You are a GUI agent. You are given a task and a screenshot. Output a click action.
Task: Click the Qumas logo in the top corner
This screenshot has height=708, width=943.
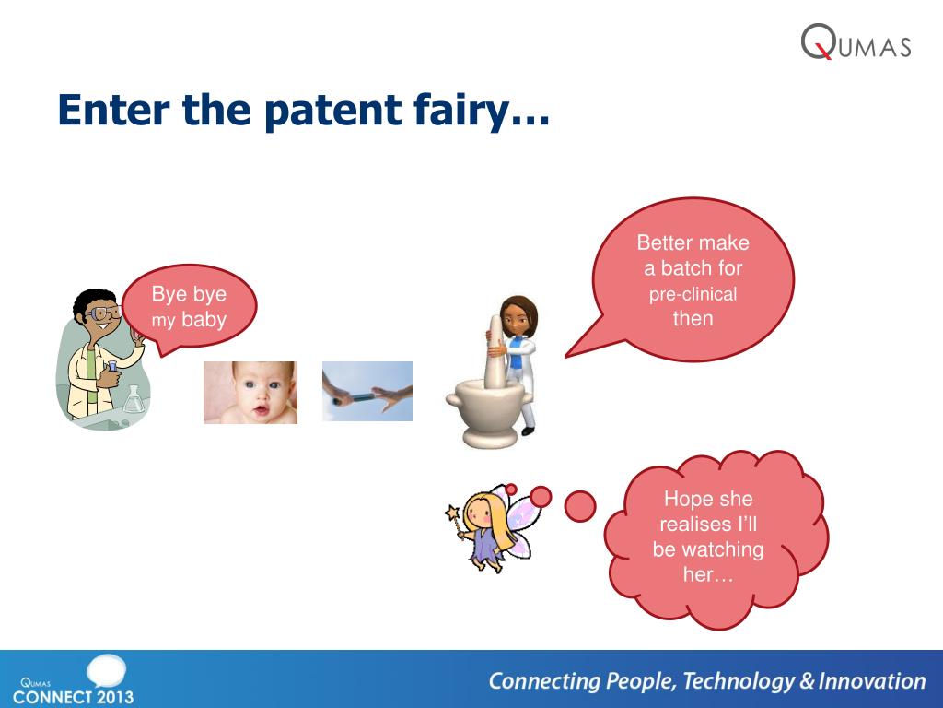click(x=856, y=41)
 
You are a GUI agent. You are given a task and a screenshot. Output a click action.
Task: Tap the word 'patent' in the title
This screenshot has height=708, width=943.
click(x=332, y=112)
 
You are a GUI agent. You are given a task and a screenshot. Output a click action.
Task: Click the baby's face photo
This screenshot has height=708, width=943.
click(x=250, y=393)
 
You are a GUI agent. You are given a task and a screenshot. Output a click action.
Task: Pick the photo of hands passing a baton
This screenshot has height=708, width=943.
click(x=367, y=391)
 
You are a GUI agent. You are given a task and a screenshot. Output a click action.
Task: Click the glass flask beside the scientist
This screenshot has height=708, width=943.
click(x=134, y=399)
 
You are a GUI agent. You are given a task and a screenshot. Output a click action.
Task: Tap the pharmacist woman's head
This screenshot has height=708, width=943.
click(x=518, y=316)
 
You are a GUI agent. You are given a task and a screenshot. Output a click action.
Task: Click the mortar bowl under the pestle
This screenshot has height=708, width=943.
click(x=487, y=413)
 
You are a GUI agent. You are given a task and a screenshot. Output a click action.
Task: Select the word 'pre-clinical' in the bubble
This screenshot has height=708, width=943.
click(x=693, y=294)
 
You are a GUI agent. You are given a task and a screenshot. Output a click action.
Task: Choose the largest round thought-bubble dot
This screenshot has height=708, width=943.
click(x=580, y=506)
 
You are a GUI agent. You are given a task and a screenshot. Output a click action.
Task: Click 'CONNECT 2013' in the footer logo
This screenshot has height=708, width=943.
click(x=73, y=697)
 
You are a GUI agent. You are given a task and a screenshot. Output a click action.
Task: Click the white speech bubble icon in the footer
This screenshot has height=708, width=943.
click(x=106, y=671)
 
